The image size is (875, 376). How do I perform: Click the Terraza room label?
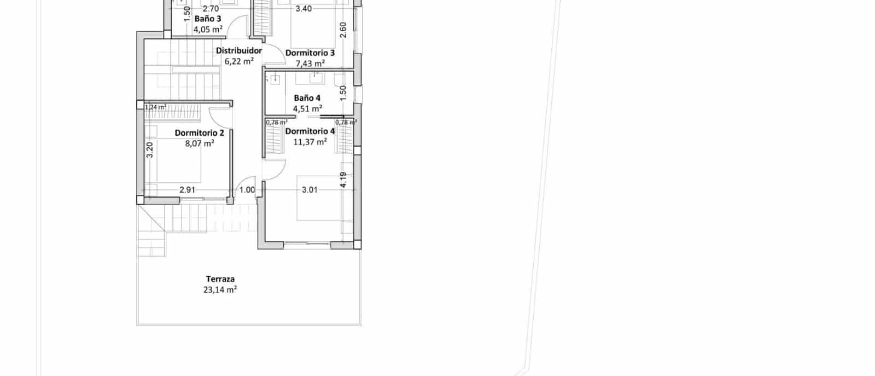pyautogui.click(x=220, y=279)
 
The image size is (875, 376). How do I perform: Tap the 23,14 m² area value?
pyautogui.click(x=220, y=290)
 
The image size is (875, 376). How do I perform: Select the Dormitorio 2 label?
pyautogui.click(x=200, y=133)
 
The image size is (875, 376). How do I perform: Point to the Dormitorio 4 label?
pyautogui.click(x=310, y=131)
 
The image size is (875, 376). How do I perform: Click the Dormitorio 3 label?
pyautogui.click(x=310, y=53)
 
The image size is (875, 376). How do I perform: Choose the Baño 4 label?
pyautogui.click(x=307, y=98)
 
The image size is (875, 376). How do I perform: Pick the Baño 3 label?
pyautogui.click(x=208, y=19)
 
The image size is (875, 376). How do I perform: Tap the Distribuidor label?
pyautogui.click(x=239, y=51)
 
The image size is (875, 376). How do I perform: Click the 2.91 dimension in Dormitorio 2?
pyautogui.click(x=188, y=190)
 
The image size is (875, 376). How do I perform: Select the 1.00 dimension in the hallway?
pyautogui.click(x=247, y=190)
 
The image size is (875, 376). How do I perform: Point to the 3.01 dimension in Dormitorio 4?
pyautogui.click(x=310, y=190)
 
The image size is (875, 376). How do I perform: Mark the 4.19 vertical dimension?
pyautogui.click(x=343, y=180)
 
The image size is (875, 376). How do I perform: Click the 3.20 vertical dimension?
pyautogui.click(x=150, y=149)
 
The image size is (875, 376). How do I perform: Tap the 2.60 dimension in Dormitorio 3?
pyautogui.click(x=343, y=30)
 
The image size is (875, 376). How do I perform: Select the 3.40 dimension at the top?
pyautogui.click(x=304, y=9)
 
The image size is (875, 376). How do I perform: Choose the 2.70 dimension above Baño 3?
pyautogui.click(x=211, y=9)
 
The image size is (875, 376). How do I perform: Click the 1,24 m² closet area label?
pyautogui.click(x=155, y=107)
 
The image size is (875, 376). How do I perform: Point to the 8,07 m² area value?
pyautogui.click(x=200, y=144)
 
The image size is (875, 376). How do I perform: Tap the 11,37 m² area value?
pyautogui.click(x=310, y=142)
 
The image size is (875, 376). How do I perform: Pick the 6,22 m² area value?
pyautogui.click(x=239, y=61)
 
